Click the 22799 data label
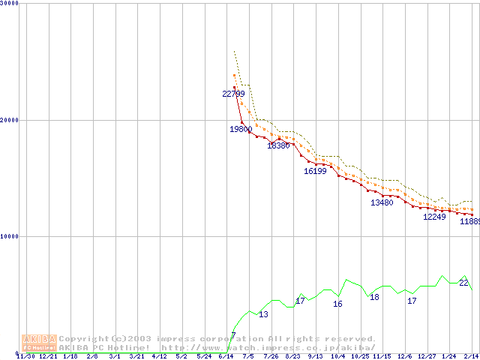233,94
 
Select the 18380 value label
278,145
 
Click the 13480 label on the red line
382,202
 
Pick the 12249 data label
434,217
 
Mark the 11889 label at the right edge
469,221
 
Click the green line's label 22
463,283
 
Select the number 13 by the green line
263,314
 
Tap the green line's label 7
233,335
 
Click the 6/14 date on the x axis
226,357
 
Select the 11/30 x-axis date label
25,357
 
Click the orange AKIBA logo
39,343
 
